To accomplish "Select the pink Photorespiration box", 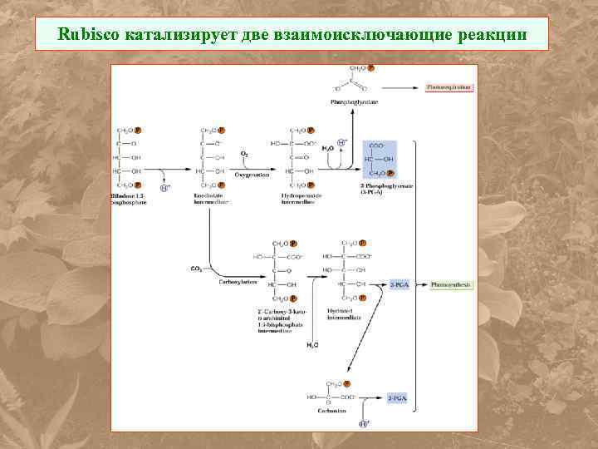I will pos(448,86).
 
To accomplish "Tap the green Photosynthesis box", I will pos(450,284).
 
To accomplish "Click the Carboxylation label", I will pos(238,282).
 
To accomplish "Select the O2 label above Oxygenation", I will pos(244,154).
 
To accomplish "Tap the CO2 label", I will pos(196,269).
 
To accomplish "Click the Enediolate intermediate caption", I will pos(212,199).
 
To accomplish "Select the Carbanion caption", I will pos(336,411).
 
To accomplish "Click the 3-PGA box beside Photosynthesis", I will pos(399,284).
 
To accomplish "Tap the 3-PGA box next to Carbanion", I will pos(398,399).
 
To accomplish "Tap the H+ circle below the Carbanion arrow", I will pos(363,424).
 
